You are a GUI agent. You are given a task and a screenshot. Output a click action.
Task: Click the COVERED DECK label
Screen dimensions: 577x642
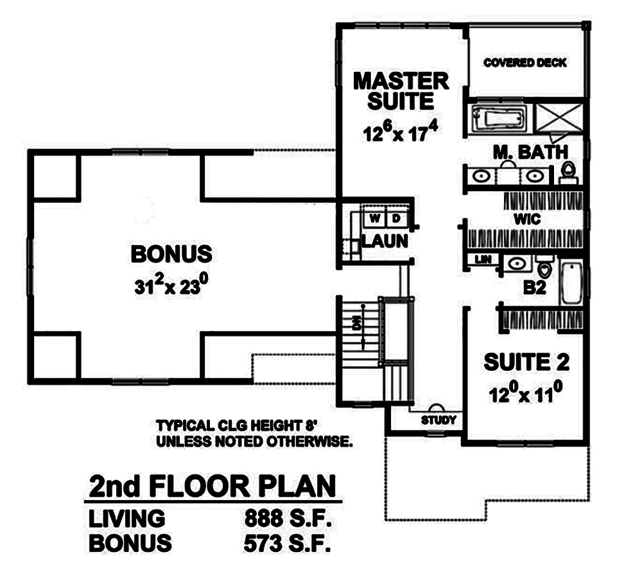525,63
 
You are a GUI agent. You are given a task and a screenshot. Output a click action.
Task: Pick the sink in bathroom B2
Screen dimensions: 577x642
515,263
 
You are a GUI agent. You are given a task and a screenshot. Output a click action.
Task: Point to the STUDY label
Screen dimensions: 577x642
438,420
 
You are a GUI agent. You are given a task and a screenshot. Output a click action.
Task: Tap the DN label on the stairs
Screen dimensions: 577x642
356,326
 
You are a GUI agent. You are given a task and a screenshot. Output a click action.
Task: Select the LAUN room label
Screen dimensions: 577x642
384,241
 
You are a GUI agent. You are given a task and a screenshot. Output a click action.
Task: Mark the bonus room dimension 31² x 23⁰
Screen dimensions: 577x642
171,286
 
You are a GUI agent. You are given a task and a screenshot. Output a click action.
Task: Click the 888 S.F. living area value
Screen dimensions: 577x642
287,519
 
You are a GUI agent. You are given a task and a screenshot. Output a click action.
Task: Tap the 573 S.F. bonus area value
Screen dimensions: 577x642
287,544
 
